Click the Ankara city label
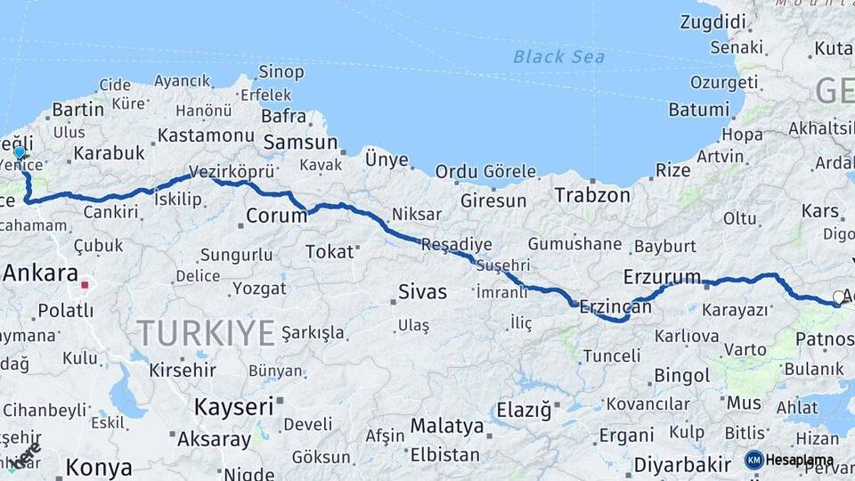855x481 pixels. click(x=40, y=273)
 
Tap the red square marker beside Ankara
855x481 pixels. click(x=85, y=285)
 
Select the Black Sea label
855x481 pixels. click(x=558, y=57)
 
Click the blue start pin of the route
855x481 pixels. click(x=20, y=153)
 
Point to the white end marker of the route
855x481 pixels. click(x=838, y=297)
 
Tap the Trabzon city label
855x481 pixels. click(x=591, y=194)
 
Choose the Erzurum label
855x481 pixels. click(x=662, y=276)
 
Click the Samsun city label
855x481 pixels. click(x=301, y=143)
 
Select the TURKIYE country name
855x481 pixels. click(x=206, y=333)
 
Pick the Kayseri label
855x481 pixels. click(x=233, y=407)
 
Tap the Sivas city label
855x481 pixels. click(x=421, y=290)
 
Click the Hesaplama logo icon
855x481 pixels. click(x=753, y=460)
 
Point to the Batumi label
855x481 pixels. click(x=699, y=110)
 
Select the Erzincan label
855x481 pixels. click(x=615, y=306)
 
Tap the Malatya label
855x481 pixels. click(x=447, y=426)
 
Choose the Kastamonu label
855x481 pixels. click(x=206, y=135)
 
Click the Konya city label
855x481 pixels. click(x=99, y=467)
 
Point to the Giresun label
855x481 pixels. click(x=493, y=200)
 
